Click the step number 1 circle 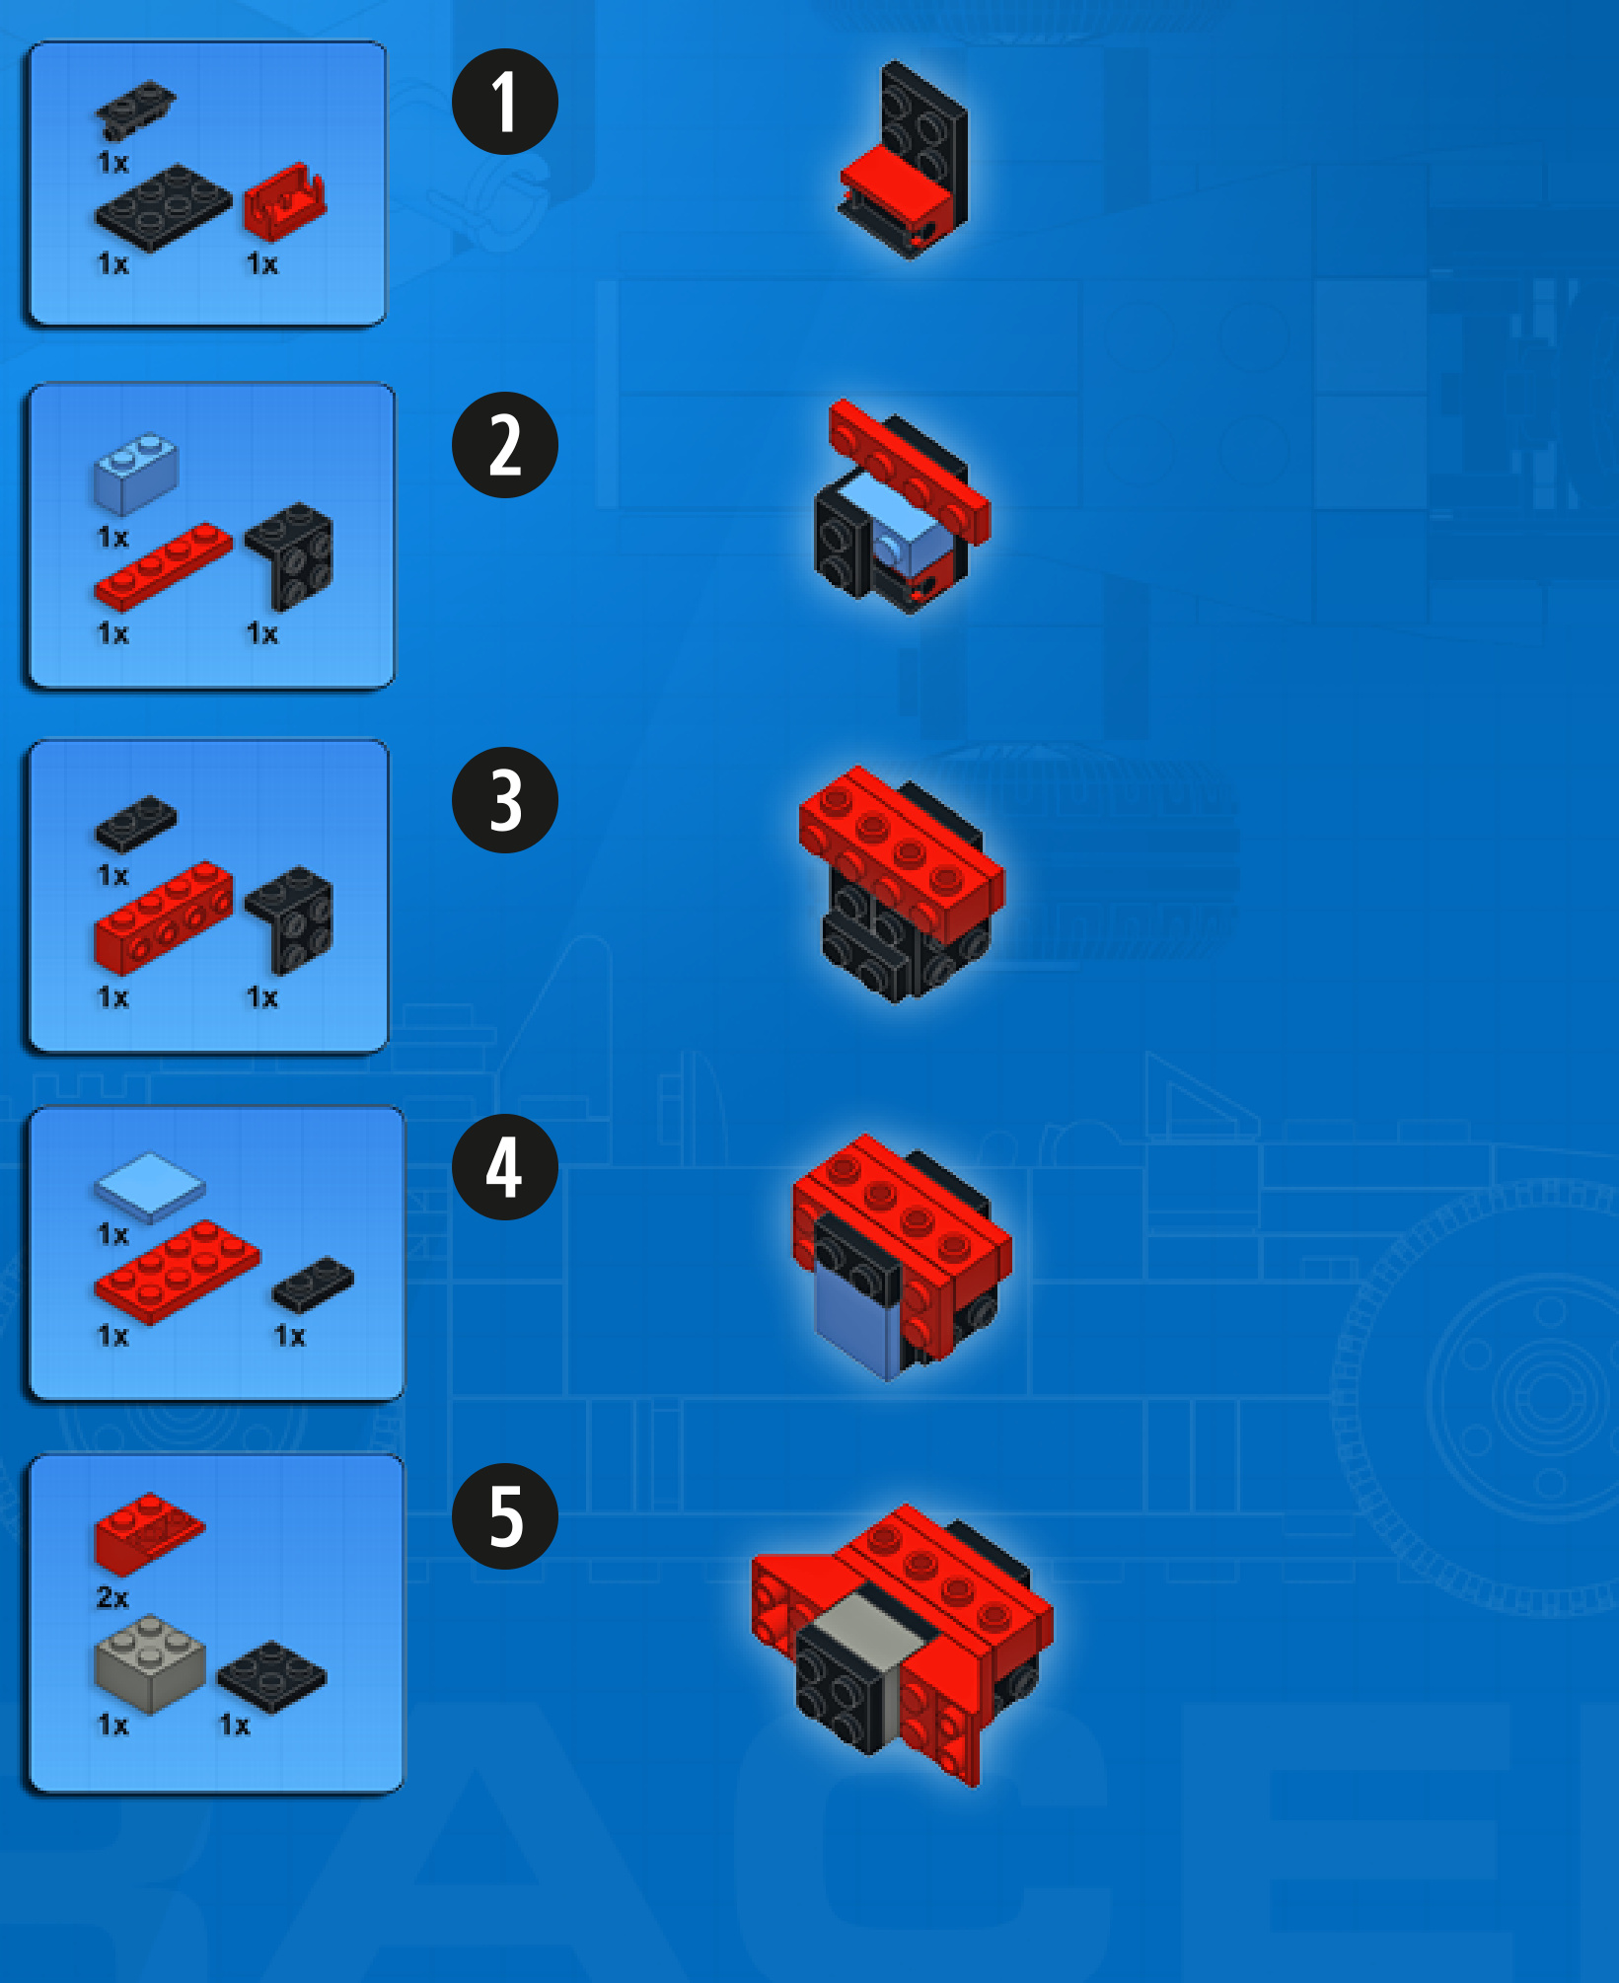pos(504,102)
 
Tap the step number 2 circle pos(504,445)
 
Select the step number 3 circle pos(504,800)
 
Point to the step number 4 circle pos(504,1167)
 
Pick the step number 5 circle pos(504,1516)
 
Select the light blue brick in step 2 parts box pos(136,474)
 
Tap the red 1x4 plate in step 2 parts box pos(163,566)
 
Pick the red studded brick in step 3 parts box pos(164,918)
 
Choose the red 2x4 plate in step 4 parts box pos(178,1271)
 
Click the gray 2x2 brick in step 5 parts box pos(150,1663)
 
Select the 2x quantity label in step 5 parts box pos(112,1597)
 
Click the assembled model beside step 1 pos(904,161)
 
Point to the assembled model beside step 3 pos(902,884)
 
